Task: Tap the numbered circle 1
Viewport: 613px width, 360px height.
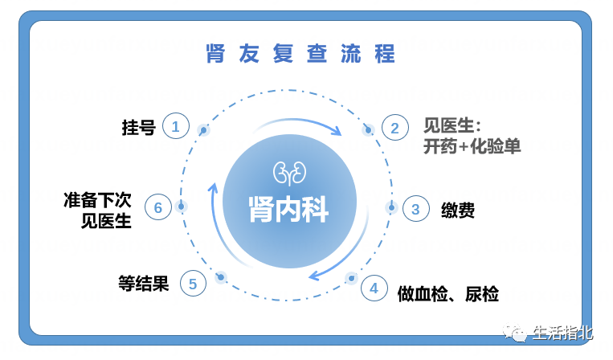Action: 176,126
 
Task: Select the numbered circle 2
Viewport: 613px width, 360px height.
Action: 395,128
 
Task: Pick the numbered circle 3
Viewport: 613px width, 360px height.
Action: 415,209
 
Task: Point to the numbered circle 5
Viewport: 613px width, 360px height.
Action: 193,283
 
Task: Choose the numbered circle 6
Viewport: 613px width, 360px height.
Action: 158,207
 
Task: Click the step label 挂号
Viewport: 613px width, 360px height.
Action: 138,127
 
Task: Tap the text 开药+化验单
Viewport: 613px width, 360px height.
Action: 472,148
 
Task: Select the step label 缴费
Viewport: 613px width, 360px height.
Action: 458,210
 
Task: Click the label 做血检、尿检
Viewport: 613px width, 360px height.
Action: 448,294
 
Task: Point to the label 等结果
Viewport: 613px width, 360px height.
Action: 144,283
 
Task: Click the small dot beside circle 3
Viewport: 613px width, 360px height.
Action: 391,207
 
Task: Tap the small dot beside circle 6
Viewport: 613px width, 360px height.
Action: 182,207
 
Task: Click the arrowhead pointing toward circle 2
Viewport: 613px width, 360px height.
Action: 338,130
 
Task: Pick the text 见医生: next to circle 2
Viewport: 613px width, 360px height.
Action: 452,126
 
